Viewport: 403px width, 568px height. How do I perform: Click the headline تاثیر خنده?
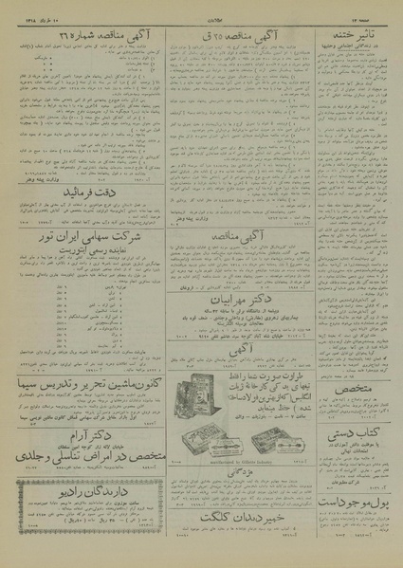click(350, 29)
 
